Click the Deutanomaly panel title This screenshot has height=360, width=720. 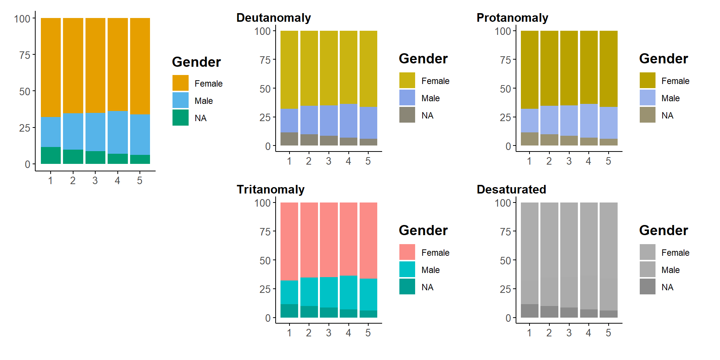[273, 18]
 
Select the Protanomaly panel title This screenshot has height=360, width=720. [512, 18]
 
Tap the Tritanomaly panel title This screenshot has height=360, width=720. [270, 189]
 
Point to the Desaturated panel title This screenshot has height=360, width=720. [511, 189]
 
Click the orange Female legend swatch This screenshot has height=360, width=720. [180, 83]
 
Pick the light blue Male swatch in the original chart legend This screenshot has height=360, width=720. [180, 100]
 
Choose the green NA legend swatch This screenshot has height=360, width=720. [180, 117]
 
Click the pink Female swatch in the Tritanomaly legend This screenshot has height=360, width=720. [407, 252]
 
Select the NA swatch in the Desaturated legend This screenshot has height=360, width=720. [647, 286]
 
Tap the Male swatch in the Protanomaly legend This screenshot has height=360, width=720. [647, 97]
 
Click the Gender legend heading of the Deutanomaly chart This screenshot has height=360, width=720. [423, 59]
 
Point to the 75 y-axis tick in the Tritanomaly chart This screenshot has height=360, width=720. [265, 232]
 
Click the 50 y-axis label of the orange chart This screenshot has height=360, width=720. [25, 91]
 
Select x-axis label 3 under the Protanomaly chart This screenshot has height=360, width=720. [569, 161]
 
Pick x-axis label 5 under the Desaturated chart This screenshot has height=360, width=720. [608, 333]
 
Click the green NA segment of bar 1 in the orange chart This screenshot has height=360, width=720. [51, 155]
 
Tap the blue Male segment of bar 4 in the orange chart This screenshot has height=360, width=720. [118, 132]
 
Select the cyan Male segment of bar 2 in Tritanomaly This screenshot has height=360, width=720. [309, 291]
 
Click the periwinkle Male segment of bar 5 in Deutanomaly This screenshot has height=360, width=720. [368, 123]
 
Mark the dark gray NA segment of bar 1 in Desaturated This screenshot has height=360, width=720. [529, 311]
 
